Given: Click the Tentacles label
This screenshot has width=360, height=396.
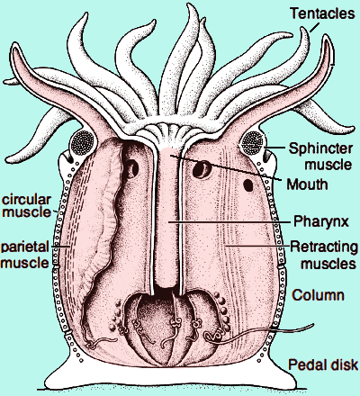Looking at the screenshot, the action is point(322,13).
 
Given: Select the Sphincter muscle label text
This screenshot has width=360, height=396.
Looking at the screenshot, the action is point(320,157).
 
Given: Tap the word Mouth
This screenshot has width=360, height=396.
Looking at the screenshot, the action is point(307,184).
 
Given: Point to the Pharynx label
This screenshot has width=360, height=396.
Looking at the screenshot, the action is point(321,221).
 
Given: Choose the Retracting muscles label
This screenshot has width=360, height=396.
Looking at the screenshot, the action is point(324,255).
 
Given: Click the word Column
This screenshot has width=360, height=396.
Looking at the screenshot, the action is point(318,295).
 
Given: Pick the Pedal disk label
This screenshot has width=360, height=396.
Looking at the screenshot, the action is point(323,364).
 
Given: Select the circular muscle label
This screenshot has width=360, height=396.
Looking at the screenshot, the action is point(26,206).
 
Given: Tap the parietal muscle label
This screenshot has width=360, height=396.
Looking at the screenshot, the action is point(24,255).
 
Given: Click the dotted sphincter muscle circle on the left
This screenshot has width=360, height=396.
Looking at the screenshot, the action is point(83,143).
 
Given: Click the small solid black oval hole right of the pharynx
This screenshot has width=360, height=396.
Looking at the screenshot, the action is point(248,185).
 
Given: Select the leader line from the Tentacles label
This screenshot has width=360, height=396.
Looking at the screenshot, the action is point(315,27).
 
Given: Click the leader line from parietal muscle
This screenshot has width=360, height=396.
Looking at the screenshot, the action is point(60,247).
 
